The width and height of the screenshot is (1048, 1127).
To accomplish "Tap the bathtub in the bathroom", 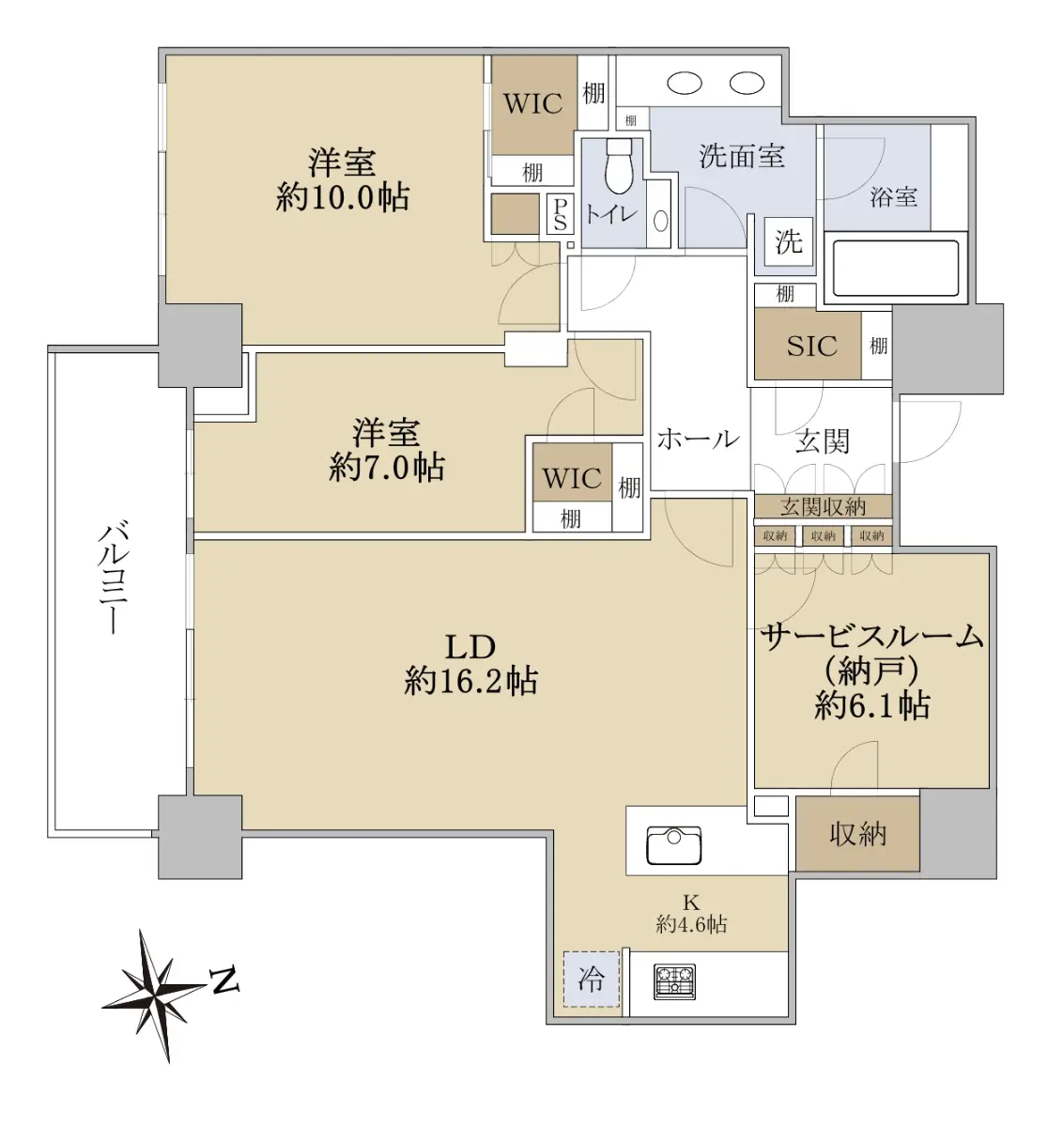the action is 895,268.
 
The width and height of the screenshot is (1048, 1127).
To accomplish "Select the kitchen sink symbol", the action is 674,845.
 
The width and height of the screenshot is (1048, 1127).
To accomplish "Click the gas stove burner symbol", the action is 674,981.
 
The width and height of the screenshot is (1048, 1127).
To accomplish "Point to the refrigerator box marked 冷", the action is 592,979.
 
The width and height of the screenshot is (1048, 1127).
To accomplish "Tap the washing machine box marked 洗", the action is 789,241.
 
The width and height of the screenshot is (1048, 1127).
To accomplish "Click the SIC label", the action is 812,347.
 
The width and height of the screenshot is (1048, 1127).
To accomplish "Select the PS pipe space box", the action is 561,214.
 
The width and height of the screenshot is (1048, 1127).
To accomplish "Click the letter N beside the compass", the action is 224,981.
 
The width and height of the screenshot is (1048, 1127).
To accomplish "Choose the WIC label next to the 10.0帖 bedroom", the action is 533,104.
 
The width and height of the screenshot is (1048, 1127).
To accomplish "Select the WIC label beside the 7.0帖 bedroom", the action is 572,479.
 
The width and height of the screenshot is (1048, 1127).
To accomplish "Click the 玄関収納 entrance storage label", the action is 823,507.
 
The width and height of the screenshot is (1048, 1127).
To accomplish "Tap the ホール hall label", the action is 699,440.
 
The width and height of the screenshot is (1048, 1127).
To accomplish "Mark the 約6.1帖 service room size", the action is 872,707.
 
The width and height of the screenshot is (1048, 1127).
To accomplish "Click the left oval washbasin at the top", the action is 685,84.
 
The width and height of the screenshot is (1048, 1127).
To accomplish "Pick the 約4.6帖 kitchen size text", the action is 691,925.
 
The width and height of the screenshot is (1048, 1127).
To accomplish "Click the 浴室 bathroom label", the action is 894,197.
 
